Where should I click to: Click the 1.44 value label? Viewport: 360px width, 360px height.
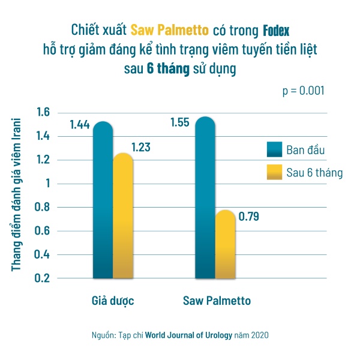[x=79, y=125]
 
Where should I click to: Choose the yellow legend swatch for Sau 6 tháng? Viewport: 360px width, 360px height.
[x=277, y=173]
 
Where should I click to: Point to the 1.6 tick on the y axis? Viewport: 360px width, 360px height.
[x=42, y=112]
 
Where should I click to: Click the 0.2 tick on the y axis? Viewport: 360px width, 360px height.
[x=42, y=278]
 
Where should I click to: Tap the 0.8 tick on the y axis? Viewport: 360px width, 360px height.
[x=42, y=208]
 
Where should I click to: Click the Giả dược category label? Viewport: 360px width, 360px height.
[x=113, y=299]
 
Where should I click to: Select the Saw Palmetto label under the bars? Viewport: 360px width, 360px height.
[x=217, y=299]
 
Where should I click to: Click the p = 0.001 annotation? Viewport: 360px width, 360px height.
[x=304, y=91]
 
